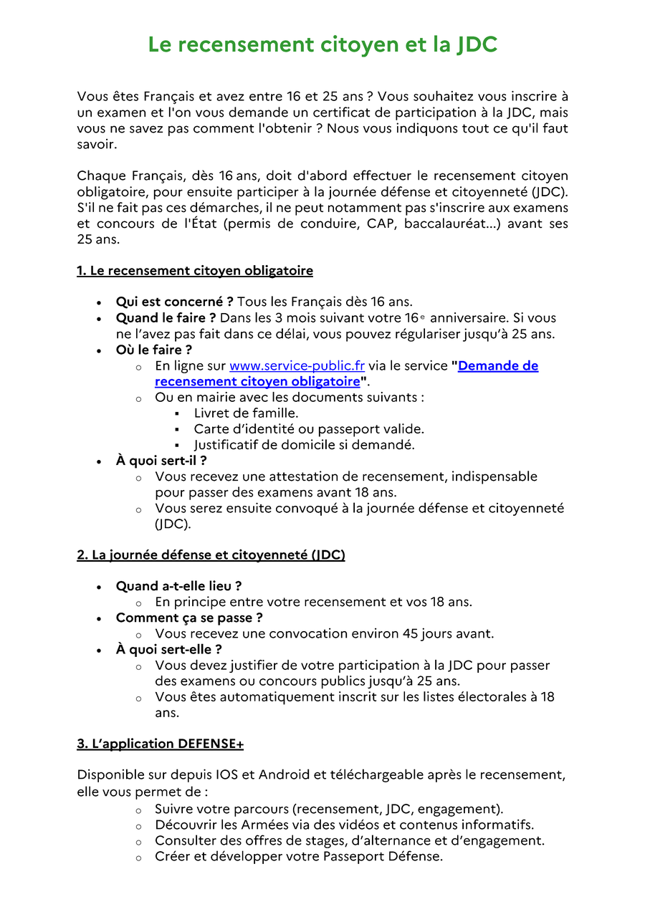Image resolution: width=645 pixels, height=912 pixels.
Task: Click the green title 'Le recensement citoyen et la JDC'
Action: click(x=322, y=44)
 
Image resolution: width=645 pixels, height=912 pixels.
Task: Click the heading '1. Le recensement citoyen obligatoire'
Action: click(x=195, y=271)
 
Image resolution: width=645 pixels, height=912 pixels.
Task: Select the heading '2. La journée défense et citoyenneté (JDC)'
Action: click(x=211, y=555)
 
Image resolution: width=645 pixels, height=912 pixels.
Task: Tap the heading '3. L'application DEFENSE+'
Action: click(x=160, y=744)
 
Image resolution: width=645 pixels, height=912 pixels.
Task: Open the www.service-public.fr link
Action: click(x=297, y=366)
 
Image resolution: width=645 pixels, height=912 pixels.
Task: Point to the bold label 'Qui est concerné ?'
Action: click(x=175, y=302)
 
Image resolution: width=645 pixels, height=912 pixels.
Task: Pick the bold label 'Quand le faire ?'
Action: click(x=166, y=318)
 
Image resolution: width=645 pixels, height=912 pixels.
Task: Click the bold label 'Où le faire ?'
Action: click(x=154, y=350)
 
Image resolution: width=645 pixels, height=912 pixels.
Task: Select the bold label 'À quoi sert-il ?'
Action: click(x=161, y=461)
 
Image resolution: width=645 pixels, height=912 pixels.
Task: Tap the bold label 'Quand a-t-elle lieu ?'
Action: click(x=178, y=586)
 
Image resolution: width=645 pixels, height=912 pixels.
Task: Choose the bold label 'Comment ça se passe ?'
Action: click(x=189, y=618)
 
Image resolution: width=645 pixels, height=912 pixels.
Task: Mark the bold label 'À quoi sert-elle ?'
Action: click(x=168, y=650)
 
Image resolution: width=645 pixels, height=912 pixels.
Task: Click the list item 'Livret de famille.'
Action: click(x=246, y=413)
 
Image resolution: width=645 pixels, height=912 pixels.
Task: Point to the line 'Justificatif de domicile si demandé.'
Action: click(x=304, y=445)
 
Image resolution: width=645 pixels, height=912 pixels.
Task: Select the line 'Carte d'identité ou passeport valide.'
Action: click(x=309, y=429)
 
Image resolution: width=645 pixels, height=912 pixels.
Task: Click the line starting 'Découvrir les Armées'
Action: click(x=344, y=825)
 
